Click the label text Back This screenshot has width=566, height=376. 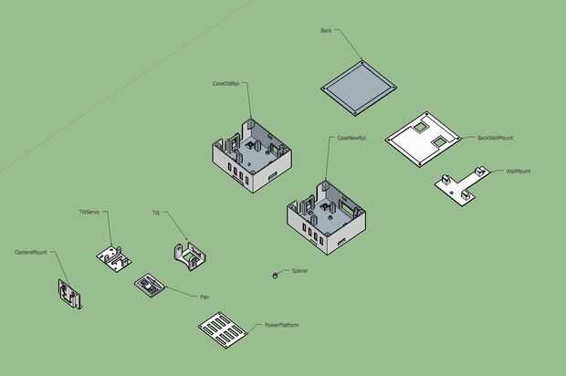pos(326,30)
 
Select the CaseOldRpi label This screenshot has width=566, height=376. pos(225,83)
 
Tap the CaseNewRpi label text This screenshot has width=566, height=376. pos(351,138)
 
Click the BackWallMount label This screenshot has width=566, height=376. pos(495,139)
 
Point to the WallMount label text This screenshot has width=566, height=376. pos(518,171)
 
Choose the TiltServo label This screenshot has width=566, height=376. pos(89,212)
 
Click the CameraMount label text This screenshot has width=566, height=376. pos(30,252)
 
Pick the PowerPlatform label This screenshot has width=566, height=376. pos(282,325)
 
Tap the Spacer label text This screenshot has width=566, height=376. pos(299,271)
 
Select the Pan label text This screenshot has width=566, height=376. pos(204,297)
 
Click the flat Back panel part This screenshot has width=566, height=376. pos(359,89)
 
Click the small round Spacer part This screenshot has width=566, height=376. pos(276,275)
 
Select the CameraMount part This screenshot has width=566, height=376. pos(68,295)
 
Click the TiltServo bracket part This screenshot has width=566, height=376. pos(113,256)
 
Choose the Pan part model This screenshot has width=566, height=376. pos(150,285)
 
